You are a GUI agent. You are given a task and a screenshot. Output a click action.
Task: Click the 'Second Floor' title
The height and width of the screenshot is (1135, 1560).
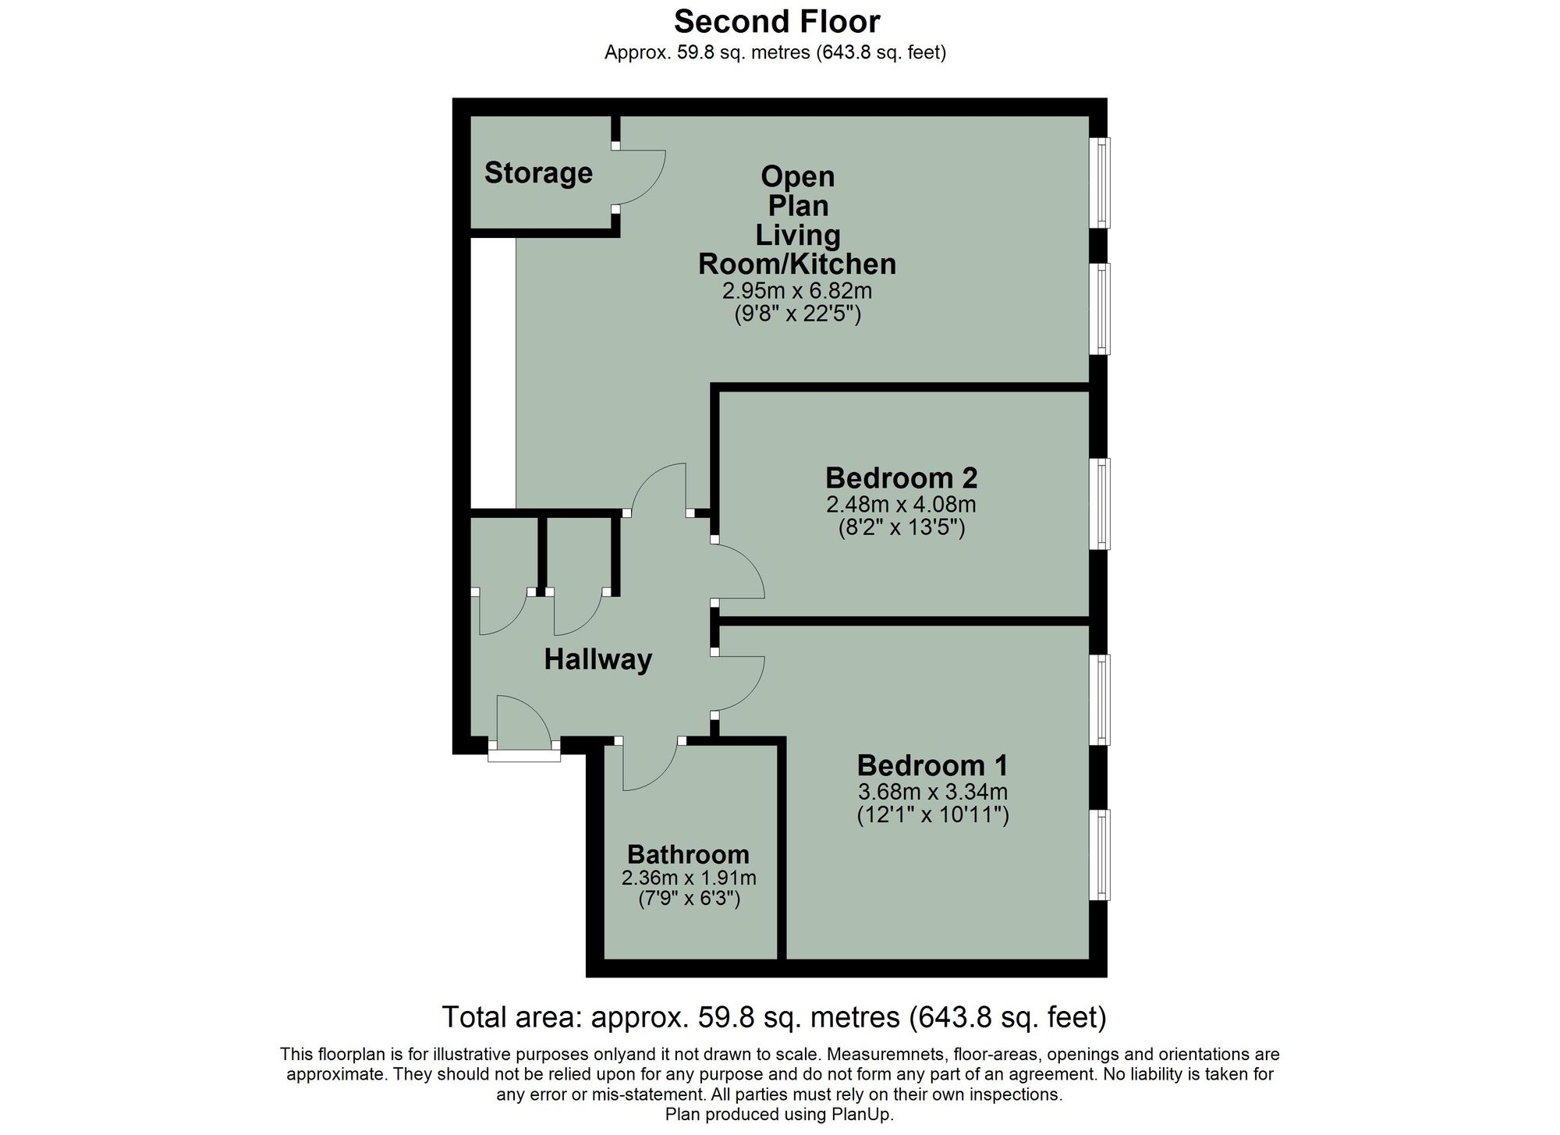click(x=777, y=22)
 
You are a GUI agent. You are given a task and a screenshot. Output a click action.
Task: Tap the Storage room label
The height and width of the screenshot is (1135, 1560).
click(x=538, y=172)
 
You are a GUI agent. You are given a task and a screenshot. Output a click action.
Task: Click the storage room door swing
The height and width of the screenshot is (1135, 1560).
click(x=640, y=178)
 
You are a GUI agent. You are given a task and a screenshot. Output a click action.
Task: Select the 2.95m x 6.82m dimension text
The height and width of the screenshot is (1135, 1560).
click(x=796, y=291)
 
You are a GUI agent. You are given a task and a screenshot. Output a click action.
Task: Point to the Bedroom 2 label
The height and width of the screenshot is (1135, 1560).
click(x=901, y=477)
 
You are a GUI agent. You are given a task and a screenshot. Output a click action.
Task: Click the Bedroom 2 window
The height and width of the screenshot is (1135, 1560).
click(x=1101, y=504)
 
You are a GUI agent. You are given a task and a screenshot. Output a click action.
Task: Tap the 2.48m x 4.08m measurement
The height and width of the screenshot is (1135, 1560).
click(x=901, y=504)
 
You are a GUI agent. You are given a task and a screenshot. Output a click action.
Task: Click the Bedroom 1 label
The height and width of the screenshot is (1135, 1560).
click(x=932, y=764)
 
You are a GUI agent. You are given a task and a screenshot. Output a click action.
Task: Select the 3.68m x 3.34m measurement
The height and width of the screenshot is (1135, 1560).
click(x=932, y=792)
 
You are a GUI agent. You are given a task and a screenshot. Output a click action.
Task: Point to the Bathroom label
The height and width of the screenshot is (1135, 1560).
click(x=688, y=854)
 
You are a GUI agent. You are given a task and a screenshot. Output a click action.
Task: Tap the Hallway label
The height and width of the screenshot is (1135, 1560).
click(x=597, y=660)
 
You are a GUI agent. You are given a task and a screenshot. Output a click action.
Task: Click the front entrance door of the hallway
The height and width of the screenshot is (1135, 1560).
click(x=523, y=725)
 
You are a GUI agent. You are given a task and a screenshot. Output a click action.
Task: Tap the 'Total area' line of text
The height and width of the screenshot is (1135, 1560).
click(x=774, y=1017)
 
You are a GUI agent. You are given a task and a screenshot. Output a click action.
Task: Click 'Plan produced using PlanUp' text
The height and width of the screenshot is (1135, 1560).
click(x=778, y=1115)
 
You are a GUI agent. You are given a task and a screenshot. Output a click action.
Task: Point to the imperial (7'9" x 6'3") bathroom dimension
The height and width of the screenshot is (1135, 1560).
click(x=688, y=899)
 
